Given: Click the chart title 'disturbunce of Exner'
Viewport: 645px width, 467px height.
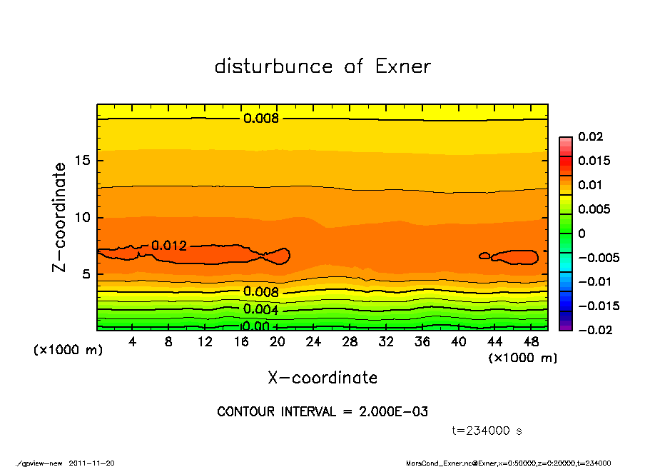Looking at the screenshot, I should point(322,66).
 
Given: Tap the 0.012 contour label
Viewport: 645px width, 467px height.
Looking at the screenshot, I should point(169,246).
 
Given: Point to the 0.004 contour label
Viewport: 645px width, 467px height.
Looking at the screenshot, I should point(260,309).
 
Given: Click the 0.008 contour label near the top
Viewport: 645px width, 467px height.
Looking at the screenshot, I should point(260,119).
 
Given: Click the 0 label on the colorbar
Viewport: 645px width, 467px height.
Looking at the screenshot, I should point(581,233).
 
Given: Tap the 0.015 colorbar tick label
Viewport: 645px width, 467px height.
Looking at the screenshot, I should point(594,161).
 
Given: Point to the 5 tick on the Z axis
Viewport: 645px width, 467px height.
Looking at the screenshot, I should point(87,274).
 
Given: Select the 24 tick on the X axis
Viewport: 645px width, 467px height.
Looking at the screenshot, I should point(313,342).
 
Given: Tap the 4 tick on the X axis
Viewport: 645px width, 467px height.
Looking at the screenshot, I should point(133,342).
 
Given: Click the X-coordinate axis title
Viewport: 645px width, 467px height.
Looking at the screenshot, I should point(322,378).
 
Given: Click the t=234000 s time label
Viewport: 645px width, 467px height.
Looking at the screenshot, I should point(487,431).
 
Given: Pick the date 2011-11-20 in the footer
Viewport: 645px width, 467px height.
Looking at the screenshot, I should point(91,463).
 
